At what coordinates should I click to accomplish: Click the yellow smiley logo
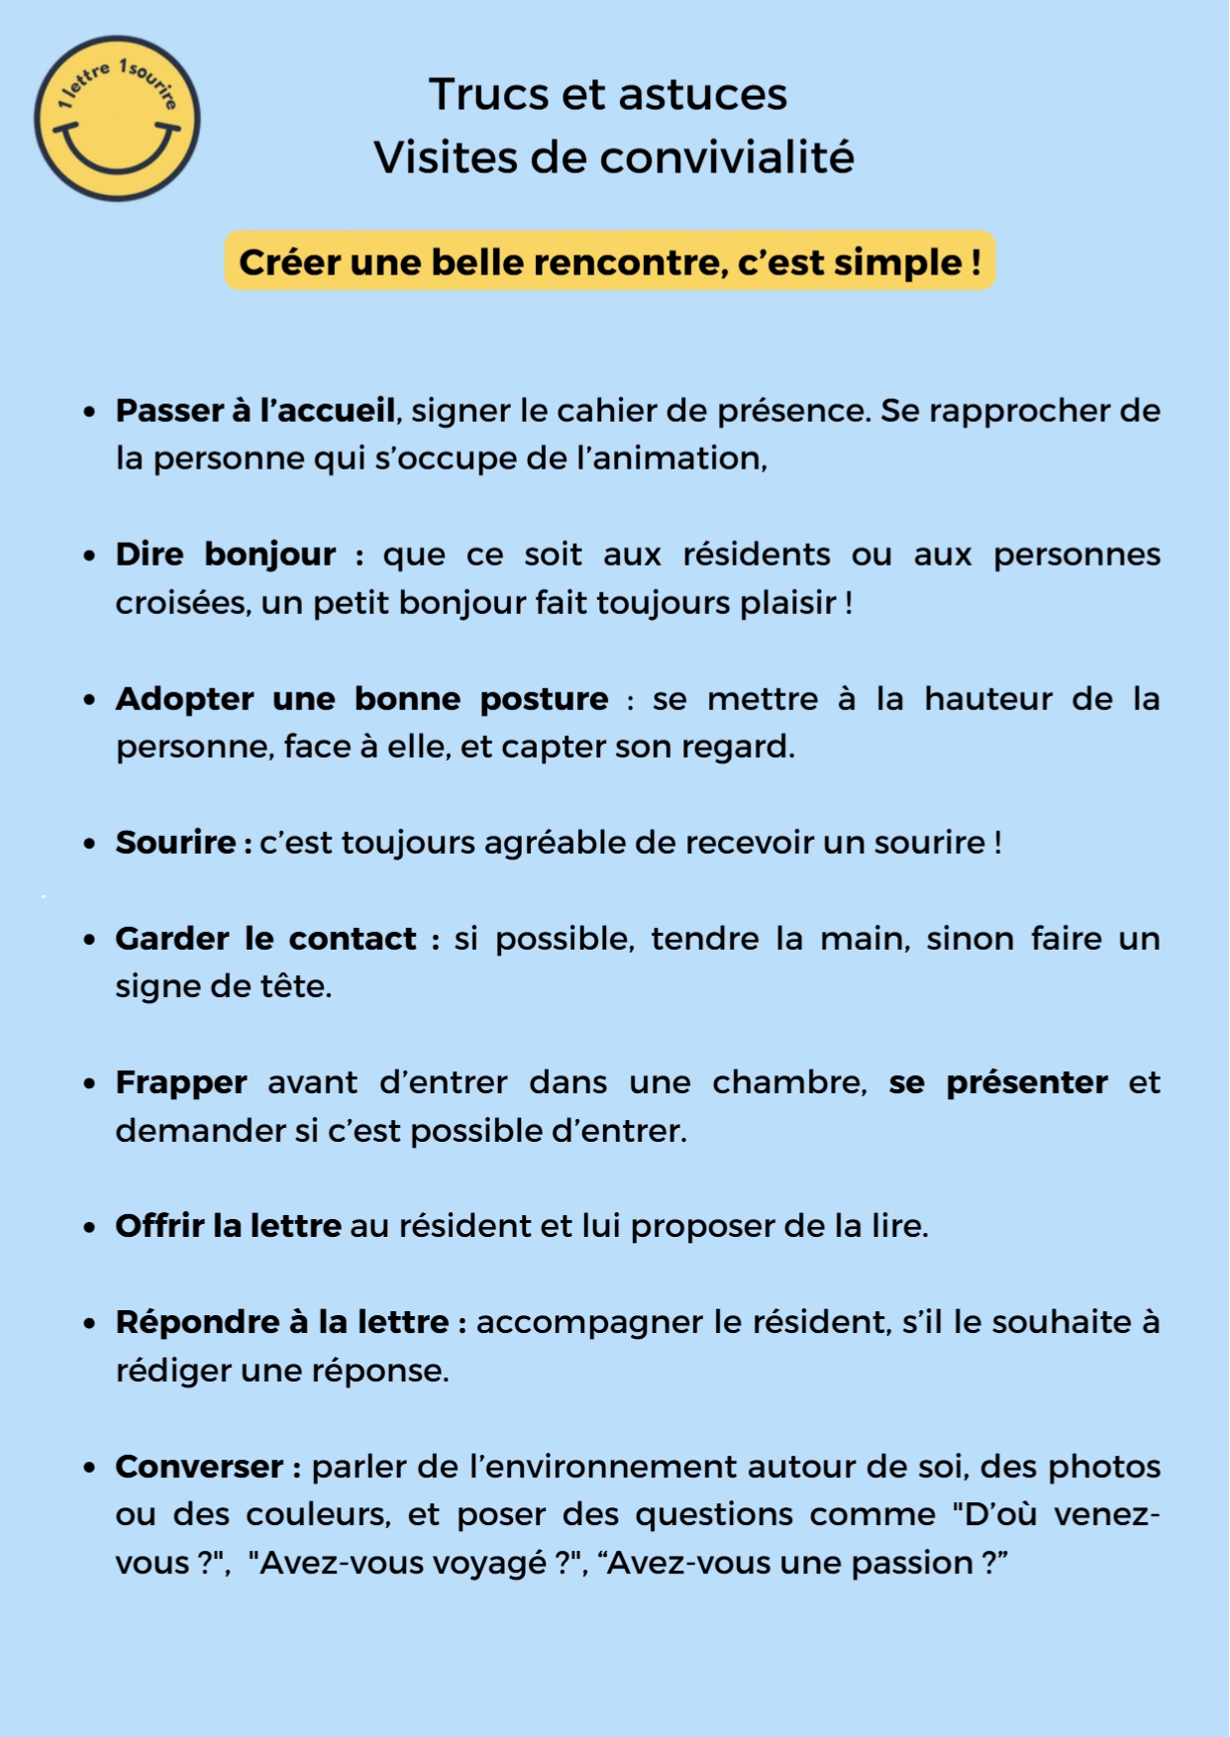117,119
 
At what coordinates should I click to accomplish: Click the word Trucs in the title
488,95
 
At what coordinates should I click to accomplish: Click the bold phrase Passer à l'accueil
256,410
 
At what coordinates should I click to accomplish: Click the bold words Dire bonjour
226,554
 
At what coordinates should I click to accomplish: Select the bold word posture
544,698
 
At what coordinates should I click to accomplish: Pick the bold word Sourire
176,842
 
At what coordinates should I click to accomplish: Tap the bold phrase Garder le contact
265,938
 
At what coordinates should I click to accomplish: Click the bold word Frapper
181,1081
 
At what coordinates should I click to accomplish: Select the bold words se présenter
997,1081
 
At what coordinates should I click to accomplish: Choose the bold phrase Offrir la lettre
229,1225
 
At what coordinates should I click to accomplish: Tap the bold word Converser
199,1466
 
